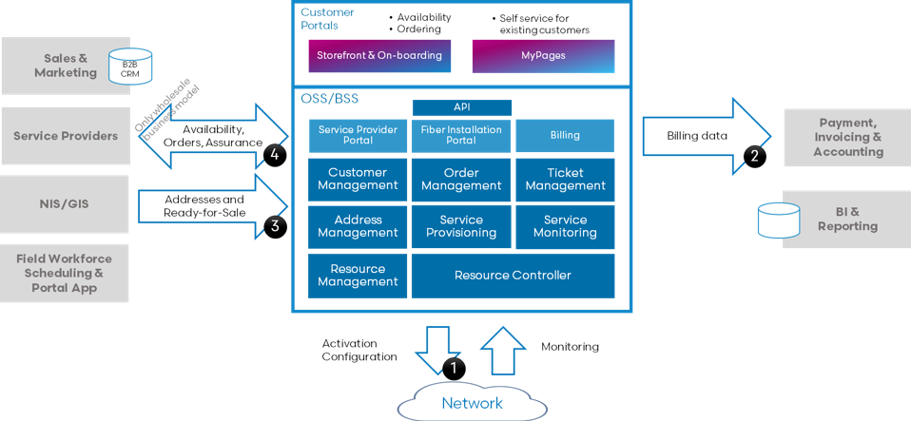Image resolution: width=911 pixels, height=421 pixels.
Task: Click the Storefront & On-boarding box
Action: [x=379, y=56]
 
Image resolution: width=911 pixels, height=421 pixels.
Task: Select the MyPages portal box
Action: [x=543, y=56]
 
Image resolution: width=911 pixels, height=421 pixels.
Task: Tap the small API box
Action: [x=462, y=107]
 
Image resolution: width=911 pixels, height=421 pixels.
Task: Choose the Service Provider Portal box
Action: [x=359, y=135]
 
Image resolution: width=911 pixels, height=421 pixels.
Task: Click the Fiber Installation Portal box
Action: [x=461, y=135]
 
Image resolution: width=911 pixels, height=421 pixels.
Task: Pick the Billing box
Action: [x=565, y=135]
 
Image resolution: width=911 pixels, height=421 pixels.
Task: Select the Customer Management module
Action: [x=358, y=180]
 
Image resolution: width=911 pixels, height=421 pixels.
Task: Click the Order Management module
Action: [x=461, y=180]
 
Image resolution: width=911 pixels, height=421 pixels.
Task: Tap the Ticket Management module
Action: [x=565, y=180]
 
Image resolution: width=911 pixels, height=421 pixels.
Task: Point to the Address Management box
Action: [x=358, y=226]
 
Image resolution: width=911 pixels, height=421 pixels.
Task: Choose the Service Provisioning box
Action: [x=461, y=226]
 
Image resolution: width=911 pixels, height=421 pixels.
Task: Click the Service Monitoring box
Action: [x=565, y=226]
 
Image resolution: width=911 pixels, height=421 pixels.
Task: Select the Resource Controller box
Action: [x=513, y=276]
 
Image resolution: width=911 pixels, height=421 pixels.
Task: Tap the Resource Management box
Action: [x=358, y=276]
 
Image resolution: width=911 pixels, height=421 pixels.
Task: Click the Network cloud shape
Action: [x=472, y=403]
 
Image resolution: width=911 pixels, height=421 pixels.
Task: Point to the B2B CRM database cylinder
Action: [x=129, y=67]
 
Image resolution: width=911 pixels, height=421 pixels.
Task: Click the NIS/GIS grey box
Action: [x=66, y=203]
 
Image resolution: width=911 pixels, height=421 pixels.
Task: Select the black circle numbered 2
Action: [x=754, y=156]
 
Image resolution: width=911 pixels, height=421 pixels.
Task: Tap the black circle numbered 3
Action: [x=275, y=225]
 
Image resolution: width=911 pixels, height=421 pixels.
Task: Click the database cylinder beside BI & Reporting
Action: [x=777, y=220]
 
